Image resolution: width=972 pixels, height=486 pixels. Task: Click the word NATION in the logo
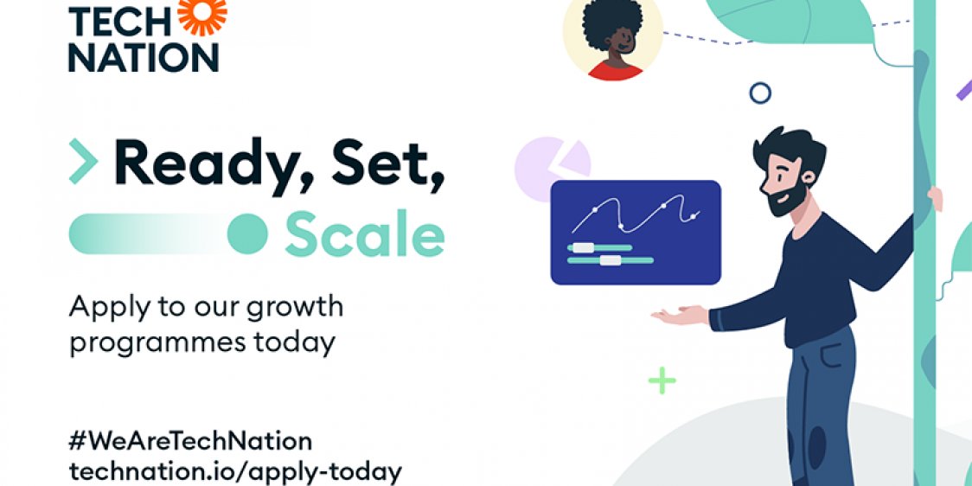[x=144, y=57]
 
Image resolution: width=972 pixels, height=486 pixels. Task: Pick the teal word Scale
[x=364, y=233]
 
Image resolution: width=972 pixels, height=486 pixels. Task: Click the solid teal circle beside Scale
[x=247, y=233]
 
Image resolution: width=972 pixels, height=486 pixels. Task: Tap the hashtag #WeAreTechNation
[x=189, y=441]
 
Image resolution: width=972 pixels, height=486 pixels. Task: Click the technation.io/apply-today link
[x=234, y=472]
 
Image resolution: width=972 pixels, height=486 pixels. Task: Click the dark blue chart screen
[x=636, y=232]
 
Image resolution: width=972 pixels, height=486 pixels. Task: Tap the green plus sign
[x=662, y=380]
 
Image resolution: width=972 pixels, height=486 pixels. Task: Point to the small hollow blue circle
[x=760, y=93]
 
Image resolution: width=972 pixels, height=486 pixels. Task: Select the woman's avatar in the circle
[x=612, y=40]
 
